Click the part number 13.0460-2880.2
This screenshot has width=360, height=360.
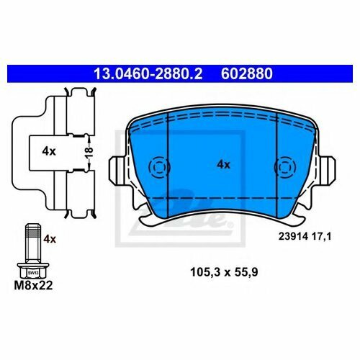tap(148, 73)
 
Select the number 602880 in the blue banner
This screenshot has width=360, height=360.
tap(247, 73)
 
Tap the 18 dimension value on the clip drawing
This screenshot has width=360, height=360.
tap(89, 153)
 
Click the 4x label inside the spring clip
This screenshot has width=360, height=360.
tap(49, 151)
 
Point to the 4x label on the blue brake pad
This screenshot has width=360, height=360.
tap(223, 165)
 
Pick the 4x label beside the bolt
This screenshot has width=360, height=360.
tap(50, 239)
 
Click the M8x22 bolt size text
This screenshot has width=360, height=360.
tap(33, 285)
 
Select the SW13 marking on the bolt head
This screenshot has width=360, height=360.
tap(33, 273)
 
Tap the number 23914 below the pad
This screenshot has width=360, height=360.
tap(293, 237)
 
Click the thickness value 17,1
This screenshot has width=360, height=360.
tap(321, 237)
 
